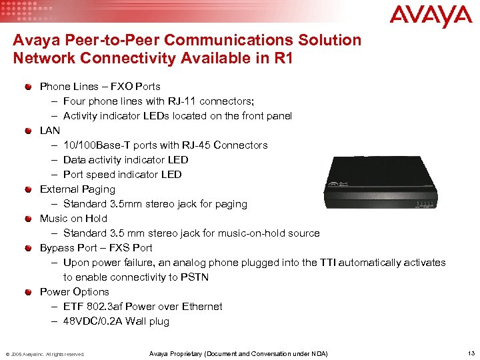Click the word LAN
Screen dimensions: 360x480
coord(50,131)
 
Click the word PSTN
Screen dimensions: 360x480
coord(208,277)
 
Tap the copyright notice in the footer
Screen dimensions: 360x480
coord(44,354)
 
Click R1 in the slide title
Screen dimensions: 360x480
coord(283,57)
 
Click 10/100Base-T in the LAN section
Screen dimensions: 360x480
coord(95,145)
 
